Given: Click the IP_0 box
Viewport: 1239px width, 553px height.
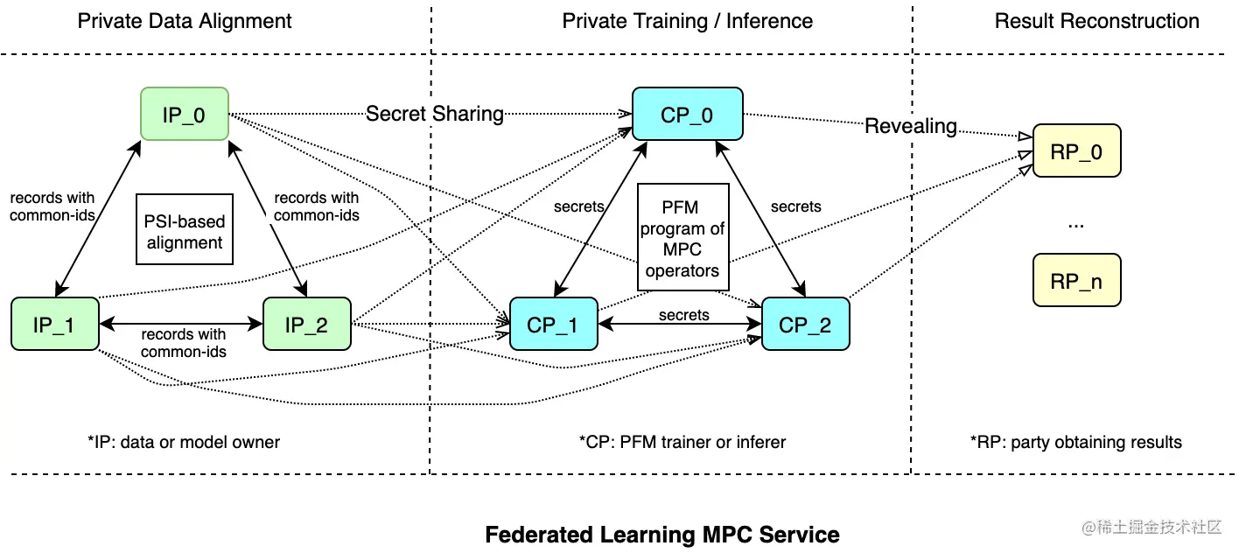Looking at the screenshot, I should click(x=184, y=114).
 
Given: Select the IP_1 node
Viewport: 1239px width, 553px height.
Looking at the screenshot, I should click(x=54, y=325).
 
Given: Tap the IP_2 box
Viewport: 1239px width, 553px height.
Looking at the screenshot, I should click(x=306, y=325).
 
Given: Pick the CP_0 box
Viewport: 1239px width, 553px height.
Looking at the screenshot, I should click(x=687, y=114).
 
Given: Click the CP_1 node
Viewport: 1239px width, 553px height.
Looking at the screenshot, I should click(x=553, y=325).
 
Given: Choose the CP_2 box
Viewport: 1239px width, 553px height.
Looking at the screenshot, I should click(x=805, y=325).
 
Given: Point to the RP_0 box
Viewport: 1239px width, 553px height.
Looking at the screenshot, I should click(x=1076, y=151).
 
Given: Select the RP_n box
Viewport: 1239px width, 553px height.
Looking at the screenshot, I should click(x=1076, y=280).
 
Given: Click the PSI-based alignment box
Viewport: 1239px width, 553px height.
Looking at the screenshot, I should click(x=185, y=229).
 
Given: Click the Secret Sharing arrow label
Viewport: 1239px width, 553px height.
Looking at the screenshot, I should click(x=434, y=114).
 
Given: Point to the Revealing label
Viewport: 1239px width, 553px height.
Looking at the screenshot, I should click(x=911, y=126).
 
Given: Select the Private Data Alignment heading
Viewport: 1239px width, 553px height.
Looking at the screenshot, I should click(x=185, y=21).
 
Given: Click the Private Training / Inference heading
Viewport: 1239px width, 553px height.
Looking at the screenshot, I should click(x=687, y=21).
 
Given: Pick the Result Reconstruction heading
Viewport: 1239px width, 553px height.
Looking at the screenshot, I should click(x=1096, y=21).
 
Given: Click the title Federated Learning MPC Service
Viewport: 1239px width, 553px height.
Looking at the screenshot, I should click(x=662, y=535).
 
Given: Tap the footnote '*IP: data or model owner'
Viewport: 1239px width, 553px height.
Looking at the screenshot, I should click(x=184, y=442).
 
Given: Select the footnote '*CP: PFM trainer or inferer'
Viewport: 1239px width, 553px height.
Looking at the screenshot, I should click(x=682, y=442).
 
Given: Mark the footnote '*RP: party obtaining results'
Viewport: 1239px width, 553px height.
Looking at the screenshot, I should click(x=1076, y=442).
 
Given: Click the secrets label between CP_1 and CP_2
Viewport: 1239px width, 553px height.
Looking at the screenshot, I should click(x=684, y=315).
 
